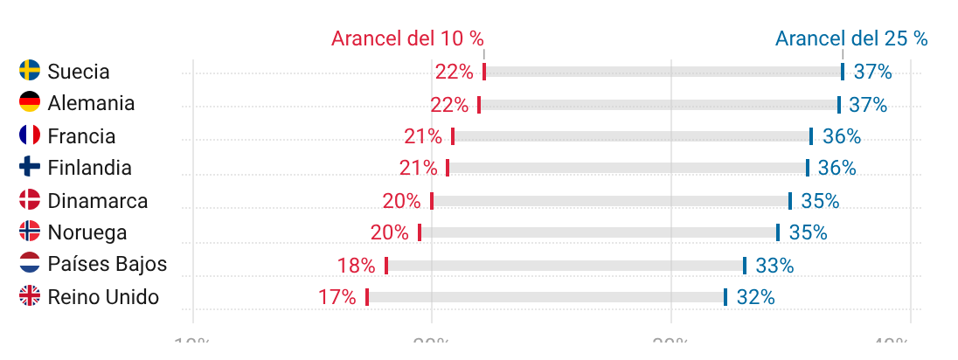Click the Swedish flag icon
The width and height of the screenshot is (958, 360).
tap(30, 71)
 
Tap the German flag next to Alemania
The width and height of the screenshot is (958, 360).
tap(30, 103)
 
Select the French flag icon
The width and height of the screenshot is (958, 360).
tap(30, 135)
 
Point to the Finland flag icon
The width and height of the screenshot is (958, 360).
tap(30, 167)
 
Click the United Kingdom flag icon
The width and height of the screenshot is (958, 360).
tap(30, 297)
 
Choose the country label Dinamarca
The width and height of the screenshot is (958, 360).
tap(98, 201)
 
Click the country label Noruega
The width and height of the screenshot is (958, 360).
tap(87, 232)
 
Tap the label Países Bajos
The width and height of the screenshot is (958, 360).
tap(108, 265)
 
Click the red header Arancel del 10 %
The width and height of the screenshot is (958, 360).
tap(407, 38)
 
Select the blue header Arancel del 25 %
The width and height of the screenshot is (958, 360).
tap(851, 38)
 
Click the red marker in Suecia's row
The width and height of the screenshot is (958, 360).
tap(484, 72)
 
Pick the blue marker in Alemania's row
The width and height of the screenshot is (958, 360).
tap(839, 105)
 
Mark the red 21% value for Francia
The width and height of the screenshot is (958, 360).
tap(422, 136)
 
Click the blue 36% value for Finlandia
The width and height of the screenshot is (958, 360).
tap(837, 168)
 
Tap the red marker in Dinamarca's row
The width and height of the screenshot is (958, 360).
tap(432, 201)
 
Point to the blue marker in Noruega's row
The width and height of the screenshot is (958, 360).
tap(778, 232)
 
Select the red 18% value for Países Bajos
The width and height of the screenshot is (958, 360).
tap(356, 266)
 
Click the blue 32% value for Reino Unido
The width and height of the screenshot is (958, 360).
tap(756, 297)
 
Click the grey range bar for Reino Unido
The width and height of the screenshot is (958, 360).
tap(546, 297)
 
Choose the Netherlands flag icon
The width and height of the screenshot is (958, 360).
tap(30, 265)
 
